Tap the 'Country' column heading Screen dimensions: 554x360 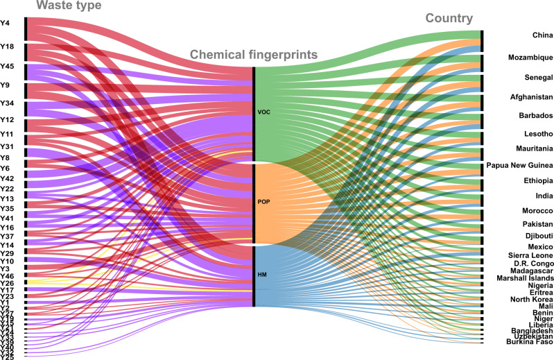[450, 19]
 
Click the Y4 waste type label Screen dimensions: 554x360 [5, 23]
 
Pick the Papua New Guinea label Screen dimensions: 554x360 [520, 165]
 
